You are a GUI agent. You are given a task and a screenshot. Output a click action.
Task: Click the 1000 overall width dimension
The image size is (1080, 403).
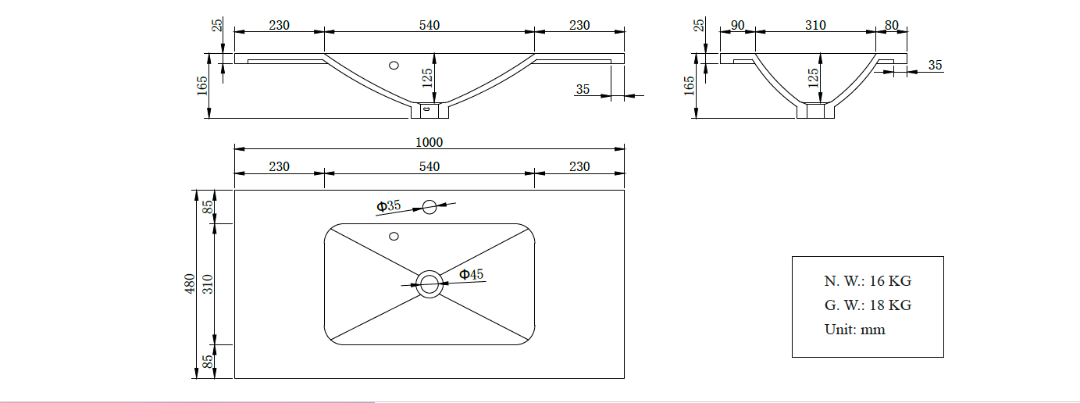429,142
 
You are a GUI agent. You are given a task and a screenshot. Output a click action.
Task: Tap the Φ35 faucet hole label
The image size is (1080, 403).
389,206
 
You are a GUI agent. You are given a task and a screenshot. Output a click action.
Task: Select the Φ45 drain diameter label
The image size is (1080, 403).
471,274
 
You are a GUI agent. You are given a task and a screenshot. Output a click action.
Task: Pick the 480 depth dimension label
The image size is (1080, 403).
190,284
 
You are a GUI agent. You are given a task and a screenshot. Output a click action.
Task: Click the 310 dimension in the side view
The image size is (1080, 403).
815,25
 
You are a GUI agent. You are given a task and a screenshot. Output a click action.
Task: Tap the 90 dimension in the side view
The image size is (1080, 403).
738,25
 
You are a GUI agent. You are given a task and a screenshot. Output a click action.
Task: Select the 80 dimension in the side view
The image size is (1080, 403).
892,25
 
